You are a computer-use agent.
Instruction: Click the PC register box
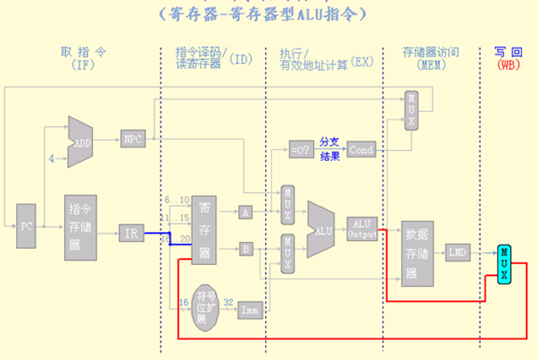(26, 226)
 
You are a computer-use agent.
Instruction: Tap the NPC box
(133, 138)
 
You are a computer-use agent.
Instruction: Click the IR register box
(132, 233)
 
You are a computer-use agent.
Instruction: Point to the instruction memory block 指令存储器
(81, 227)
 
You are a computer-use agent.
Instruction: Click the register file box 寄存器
(204, 229)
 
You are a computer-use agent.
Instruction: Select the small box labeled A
(245, 211)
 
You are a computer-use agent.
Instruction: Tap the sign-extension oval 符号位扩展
(205, 306)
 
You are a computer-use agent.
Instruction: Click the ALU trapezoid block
(320, 230)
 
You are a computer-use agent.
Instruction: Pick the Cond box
(361, 150)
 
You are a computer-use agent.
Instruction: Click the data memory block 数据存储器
(417, 253)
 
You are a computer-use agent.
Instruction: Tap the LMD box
(459, 253)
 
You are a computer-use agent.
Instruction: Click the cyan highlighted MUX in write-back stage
(504, 263)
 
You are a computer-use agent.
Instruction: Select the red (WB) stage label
(508, 65)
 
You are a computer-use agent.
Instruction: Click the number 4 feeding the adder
(52, 159)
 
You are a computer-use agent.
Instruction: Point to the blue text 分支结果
(330, 150)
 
